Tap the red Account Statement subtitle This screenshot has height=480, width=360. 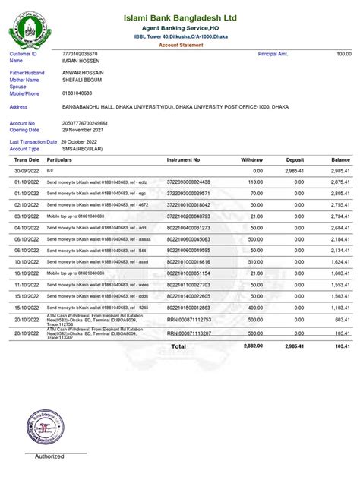[181, 46]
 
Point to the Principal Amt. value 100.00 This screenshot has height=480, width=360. [344, 55]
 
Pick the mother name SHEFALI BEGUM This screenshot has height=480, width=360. [83, 80]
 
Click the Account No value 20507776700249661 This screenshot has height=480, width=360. [85, 122]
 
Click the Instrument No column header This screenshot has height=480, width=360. [184, 160]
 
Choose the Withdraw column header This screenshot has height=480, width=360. [251, 160]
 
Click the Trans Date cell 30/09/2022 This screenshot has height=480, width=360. [25, 172]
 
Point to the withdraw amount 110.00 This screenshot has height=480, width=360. [254, 182]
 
